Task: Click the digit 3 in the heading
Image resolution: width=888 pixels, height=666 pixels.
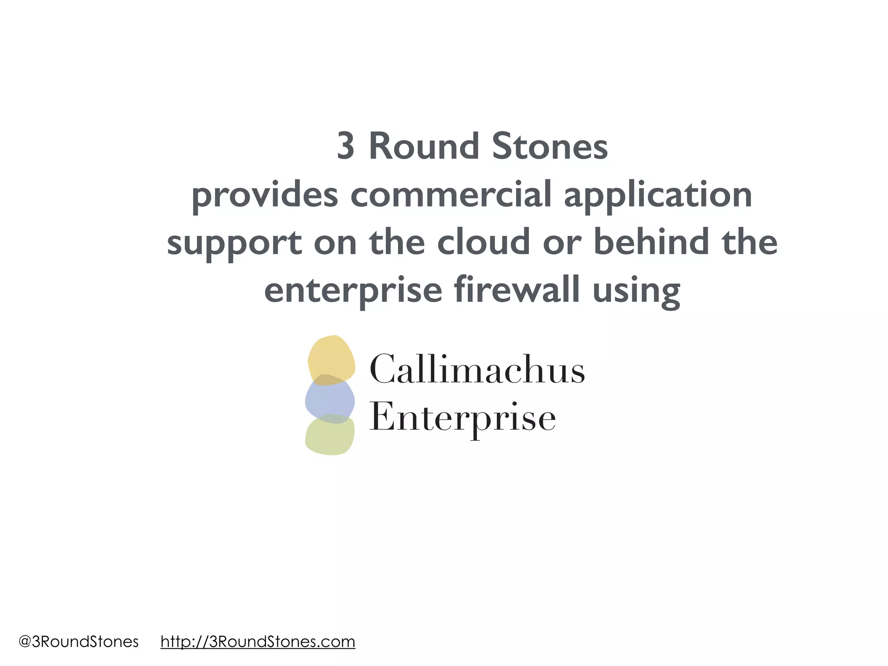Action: [346, 147]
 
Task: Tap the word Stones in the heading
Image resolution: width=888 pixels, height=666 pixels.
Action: [550, 147]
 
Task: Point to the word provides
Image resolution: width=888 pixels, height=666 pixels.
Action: [264, 195]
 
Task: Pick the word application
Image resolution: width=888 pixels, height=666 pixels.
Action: [658, 195]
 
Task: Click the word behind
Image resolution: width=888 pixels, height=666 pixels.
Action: [650, 242]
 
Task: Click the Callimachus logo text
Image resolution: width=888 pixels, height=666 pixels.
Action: [477, 370]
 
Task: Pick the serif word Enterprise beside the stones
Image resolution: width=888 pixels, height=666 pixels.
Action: [462, 418]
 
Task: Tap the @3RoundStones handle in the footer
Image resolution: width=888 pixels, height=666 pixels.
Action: [78, 642]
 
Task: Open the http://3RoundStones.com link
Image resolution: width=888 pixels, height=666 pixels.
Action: [258, 642]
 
